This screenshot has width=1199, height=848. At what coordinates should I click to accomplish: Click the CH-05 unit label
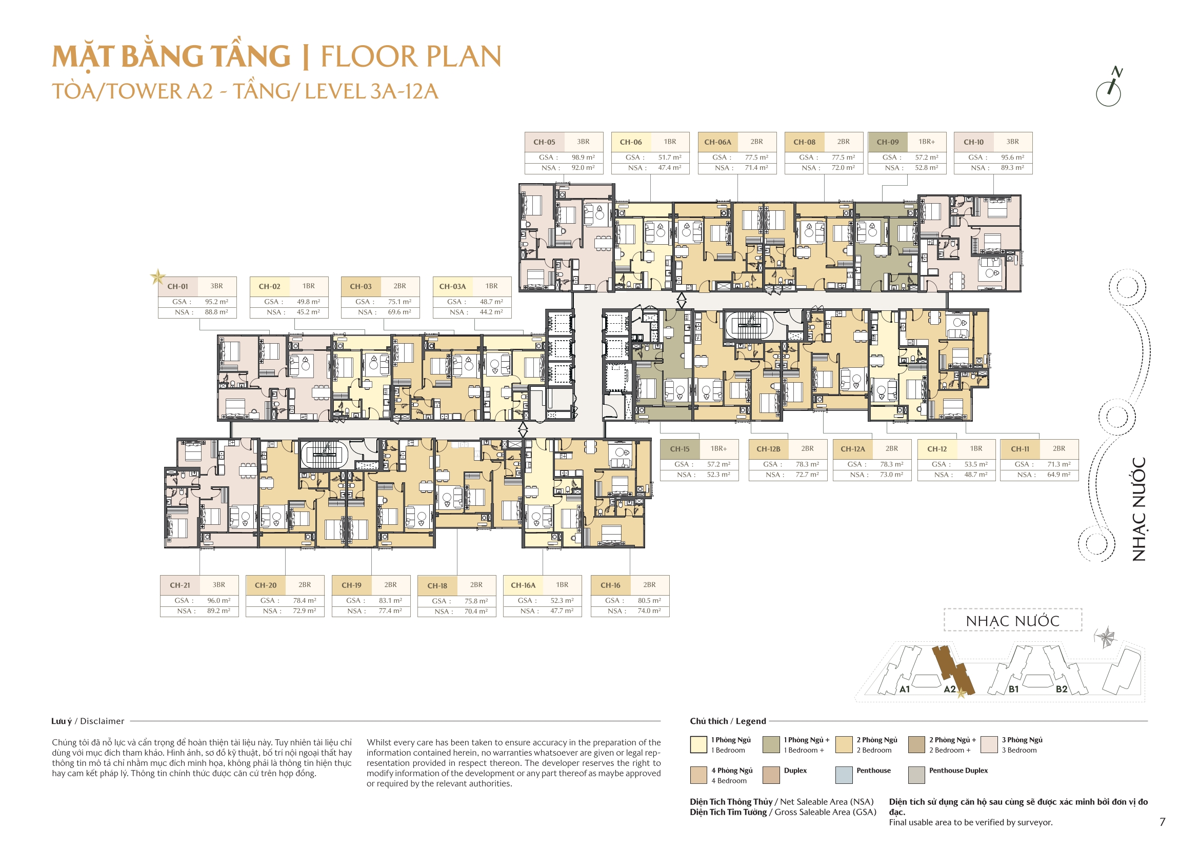point(544,142)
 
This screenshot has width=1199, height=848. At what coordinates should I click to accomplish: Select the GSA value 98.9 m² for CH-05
point(583,157)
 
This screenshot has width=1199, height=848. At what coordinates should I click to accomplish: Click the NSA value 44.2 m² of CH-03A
point(491,312)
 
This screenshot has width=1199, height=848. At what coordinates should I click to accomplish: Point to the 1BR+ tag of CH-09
point(926,142)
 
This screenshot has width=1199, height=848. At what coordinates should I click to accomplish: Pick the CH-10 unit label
point(973,142)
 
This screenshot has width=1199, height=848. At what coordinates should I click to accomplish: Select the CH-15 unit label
point(680,449)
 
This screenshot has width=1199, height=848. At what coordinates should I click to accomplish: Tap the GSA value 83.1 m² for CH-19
point(390,601)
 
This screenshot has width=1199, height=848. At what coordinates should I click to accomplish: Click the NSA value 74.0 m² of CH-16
point(649,611)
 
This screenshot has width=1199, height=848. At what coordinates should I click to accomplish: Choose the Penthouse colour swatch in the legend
point(844,775)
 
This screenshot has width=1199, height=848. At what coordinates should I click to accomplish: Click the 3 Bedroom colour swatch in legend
point(989,744)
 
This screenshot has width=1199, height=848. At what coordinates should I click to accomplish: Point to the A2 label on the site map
point(949,689)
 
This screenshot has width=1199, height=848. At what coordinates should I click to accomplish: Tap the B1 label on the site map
point(1014,689)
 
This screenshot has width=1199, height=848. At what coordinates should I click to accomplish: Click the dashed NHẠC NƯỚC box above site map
point(1012,621)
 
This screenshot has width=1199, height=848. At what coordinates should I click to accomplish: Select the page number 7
point(1162,822)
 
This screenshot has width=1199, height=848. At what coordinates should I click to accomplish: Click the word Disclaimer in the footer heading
point(103,721)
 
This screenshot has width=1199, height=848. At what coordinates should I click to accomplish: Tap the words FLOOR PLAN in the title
point(411,56)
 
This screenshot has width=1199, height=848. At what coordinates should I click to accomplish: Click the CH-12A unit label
point(852,449)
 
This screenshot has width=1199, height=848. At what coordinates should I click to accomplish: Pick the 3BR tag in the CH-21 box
point(219,585)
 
